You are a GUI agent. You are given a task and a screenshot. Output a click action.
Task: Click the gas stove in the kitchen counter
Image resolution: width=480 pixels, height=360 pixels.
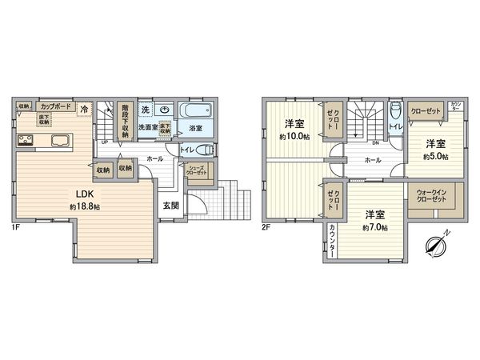click(x=25, y=142)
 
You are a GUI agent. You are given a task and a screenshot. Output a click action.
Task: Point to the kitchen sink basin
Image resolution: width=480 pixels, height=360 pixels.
click(x=60, y=142)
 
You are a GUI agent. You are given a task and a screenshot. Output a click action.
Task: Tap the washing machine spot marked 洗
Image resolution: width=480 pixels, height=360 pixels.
click(x=146, y=109)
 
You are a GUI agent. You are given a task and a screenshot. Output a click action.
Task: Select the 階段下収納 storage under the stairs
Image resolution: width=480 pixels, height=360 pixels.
click(x=124, y=120)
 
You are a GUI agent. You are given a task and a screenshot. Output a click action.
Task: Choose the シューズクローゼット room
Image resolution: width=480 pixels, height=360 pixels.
click(x=196, y=170)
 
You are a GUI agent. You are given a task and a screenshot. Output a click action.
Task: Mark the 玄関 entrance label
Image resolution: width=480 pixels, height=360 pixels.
click(x=171, y=205)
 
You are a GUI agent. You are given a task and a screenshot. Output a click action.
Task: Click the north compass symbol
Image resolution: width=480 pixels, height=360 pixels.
click(x=435, y=244)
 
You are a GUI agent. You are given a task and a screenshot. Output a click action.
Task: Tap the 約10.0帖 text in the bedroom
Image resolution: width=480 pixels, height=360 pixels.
click(x=294, y=136)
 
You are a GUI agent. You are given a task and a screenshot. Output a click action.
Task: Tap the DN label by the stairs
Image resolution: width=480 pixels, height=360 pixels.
click(x=374, y=143)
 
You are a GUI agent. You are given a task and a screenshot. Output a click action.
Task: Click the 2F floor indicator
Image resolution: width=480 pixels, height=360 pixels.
click(x=267, y=226)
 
